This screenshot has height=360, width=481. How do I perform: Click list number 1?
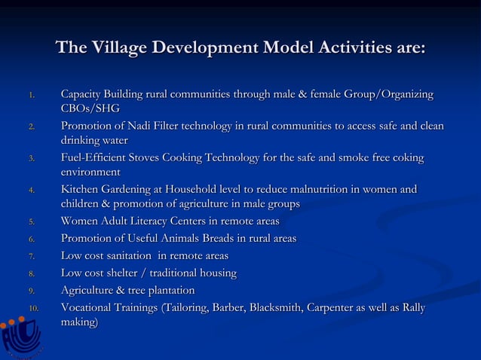coord(30,96)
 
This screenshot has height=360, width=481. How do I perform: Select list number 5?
coord(30,222)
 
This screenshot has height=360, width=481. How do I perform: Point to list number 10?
coord(33,309)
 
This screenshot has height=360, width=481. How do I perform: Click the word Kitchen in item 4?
coord(83,190)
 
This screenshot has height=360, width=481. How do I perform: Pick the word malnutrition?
coord(326,190)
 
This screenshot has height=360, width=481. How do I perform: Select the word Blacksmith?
coord(273,308)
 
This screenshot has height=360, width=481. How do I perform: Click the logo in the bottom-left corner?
coord(18,338)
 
